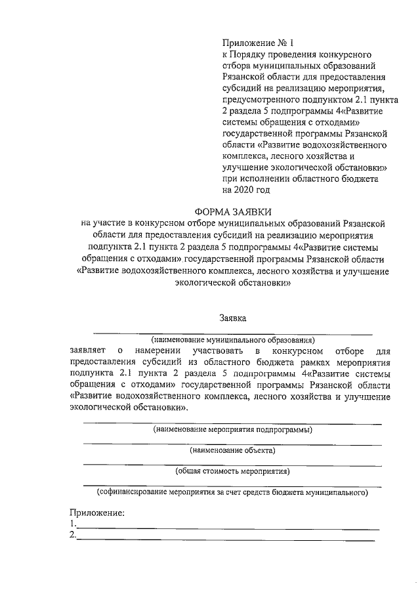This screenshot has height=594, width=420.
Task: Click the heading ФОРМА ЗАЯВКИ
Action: [x=233, y=211]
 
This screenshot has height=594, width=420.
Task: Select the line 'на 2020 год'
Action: [x=246, y=190]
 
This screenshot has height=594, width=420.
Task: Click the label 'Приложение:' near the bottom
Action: [x=97, y=513]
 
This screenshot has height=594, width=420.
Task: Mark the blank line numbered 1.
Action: [x=227, y=528]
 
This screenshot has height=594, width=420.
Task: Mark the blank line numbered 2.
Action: [x=226, y=539]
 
